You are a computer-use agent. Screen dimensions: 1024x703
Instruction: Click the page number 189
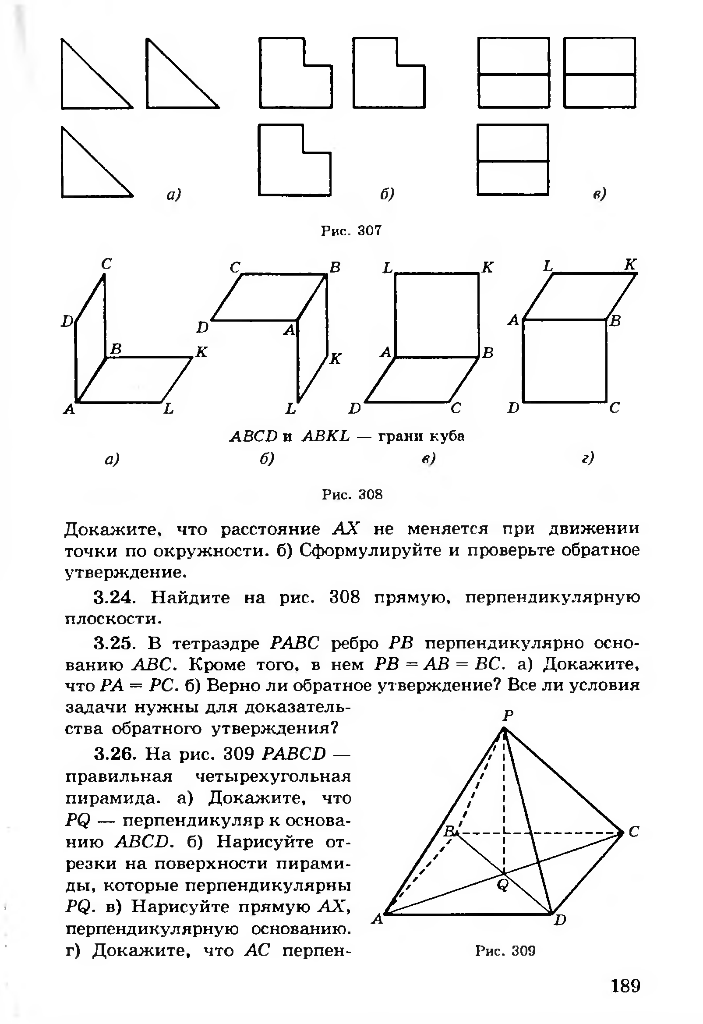(625, 986)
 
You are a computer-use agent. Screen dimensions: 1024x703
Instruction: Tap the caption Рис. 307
(351, 230)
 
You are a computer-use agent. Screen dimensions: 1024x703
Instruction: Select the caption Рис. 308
(352, 494)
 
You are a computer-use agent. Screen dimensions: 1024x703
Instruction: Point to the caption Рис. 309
(505, 950)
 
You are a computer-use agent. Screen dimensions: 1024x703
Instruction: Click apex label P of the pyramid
(509, 714)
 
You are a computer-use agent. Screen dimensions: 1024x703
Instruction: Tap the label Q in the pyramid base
(502, 884)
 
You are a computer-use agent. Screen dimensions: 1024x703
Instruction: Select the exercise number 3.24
(113, 598)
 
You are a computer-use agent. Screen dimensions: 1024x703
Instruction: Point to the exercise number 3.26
(113, 754)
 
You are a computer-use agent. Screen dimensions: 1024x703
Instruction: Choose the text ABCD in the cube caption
(254, 436)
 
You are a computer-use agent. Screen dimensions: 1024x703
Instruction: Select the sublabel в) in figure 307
(600, 193)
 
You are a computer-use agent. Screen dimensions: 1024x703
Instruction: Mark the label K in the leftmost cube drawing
(201, 351)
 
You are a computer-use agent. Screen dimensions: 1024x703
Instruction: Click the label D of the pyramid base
(559, 920)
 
